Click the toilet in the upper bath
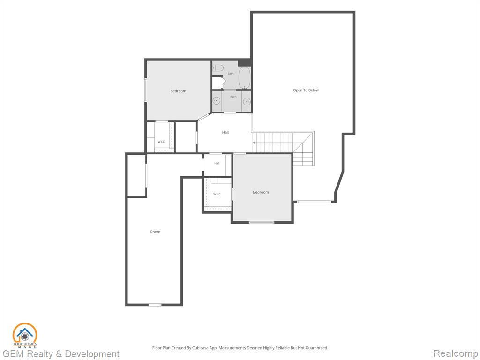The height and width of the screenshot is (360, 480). pyautogui.click(x=218, y=67)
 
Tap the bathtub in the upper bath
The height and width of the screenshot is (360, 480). pyautogui.click(x=244, y=78)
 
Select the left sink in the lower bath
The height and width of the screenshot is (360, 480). pyautogui.click(x=217, y=101)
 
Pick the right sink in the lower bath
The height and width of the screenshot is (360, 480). pyautogui.click(x=247, y=101)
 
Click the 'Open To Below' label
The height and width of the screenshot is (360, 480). pyautogui.click(x=306, y=90)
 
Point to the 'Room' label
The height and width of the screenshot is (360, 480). pyautogui.click(x=155, y=232)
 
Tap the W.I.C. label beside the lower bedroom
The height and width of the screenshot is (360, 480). pyautogui.click(x=217, y=194)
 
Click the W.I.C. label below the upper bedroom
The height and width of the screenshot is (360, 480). pyautogui.click(x=161, y=142)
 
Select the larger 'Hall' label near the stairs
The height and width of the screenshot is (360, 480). pyautogui.click(x=225, y=132)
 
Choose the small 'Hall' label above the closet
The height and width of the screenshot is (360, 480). pyautogui.click(x=217, y=163)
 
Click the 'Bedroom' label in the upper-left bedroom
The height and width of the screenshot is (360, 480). pyautogui.click(x=178, y=91)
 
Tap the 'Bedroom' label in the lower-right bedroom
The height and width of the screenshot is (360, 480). pyautogui.click(x=261, y=192)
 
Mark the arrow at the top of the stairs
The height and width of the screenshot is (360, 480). pyautogui.click(x=254, y=142)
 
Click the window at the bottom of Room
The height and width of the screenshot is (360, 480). pyautogui.click(x=155, y=305)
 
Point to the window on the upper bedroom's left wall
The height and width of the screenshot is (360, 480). pyautogui.click(x=146, y=90)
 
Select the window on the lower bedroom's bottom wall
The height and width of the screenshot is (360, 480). pyautogui.click(x=262, y=222)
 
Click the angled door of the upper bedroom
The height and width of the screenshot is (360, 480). pyautogui.click(x=204, y=117)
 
